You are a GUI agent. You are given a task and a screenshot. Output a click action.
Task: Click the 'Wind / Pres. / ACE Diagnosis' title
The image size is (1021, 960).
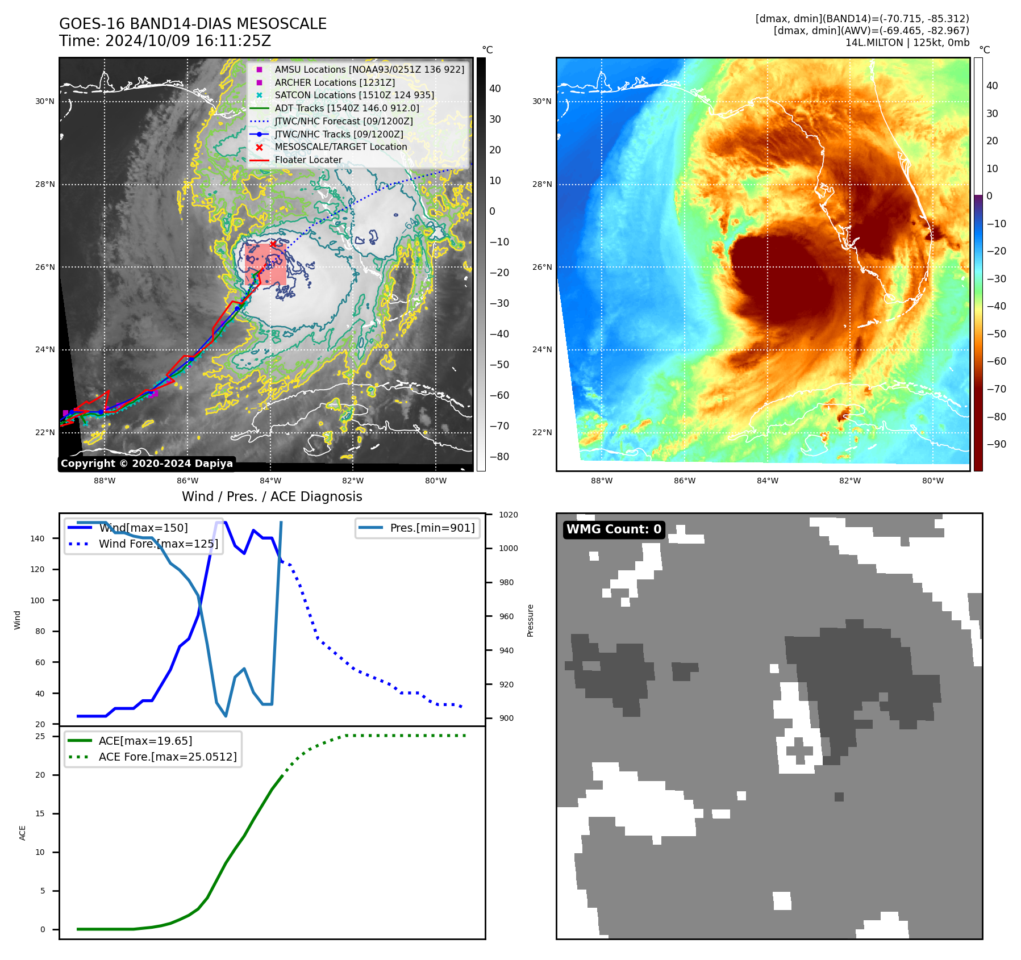click(272, 496)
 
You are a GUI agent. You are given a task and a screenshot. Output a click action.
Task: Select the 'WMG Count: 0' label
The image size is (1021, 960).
click(614, 529)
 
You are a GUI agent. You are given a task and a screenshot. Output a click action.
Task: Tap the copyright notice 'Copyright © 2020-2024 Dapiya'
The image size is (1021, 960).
click(147, 464)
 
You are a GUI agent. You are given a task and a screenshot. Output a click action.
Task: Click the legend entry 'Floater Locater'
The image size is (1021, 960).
click(308, 160)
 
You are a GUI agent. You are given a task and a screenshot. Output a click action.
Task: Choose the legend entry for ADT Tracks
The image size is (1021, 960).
click(347, 108)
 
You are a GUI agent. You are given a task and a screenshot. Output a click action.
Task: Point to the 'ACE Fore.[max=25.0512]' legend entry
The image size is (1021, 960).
click(167, 757)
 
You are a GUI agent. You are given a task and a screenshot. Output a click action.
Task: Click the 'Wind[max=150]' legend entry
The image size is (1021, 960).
click(143, 528)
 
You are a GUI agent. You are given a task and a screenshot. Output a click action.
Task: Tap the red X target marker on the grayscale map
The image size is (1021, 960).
click(273, 244)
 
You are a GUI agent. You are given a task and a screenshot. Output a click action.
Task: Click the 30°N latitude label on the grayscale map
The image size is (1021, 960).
click(45, 102)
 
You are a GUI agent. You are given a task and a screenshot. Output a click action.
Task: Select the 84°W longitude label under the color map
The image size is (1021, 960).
click(767, 481)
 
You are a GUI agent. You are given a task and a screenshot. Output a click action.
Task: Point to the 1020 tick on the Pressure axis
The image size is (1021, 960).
click(508, 515)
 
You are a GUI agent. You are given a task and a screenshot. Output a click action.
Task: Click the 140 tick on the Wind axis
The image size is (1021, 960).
click(37, 539)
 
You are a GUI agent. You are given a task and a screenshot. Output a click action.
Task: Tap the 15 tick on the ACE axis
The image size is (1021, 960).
click(40, 813)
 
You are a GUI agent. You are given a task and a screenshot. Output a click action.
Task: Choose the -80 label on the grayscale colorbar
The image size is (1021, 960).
click(499, 457)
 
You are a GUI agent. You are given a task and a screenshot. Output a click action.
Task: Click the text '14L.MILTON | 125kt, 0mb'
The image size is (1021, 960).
click(907, 43)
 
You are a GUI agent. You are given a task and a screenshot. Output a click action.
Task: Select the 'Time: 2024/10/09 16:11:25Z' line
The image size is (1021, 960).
click(165, 41)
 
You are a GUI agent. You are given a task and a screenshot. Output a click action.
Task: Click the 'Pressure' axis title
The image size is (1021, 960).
click(530, 620)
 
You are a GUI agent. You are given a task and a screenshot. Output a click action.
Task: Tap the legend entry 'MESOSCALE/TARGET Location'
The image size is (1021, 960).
click(340, 147)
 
